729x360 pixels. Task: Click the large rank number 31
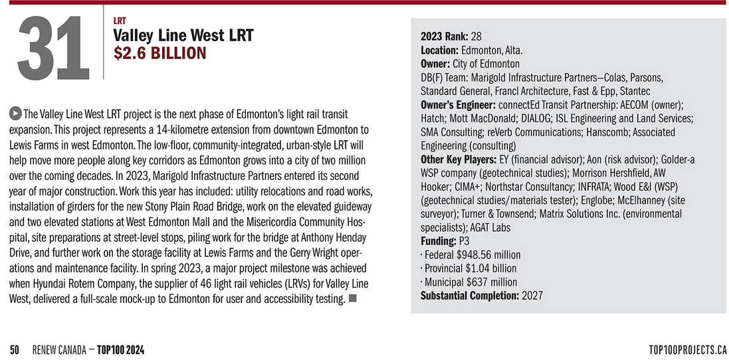pos(53,47)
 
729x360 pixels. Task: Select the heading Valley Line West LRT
pos(183,35)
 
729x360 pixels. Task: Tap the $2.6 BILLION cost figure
pos(160,52)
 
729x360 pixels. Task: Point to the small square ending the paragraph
pos(352,298)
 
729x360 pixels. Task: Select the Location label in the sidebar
pos(439,50)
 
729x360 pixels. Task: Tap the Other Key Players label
pos(459,159)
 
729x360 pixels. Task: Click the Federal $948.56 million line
pos(471,255)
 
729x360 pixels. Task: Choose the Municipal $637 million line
pos(469,282)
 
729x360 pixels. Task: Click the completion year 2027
pos(532,296)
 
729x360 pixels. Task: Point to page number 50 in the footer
pos(15,349)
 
